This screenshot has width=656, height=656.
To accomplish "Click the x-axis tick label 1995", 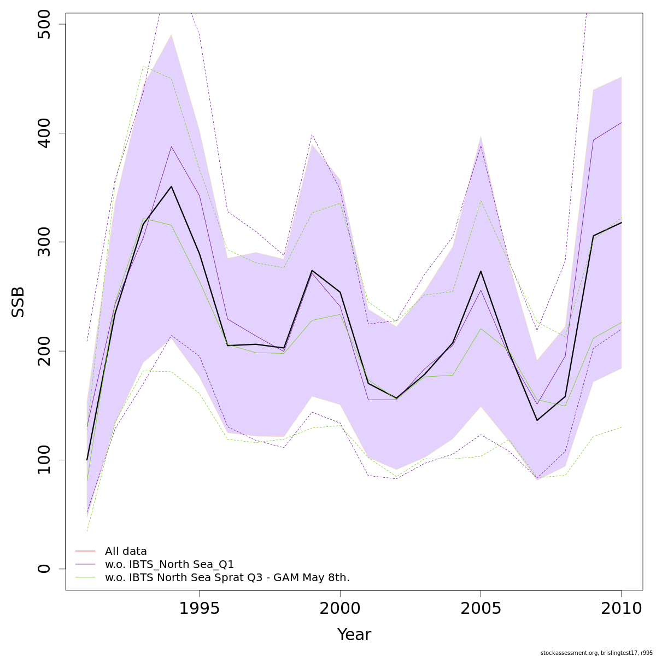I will pyautogui.click(x=200, y=608).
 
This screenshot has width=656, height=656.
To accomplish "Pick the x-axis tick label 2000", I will pyautogui.click(x=340, y=608).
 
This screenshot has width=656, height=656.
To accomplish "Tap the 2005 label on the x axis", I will pyautogui.click(x=481, y=608).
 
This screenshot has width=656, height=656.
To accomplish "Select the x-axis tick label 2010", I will pyautogui.click(x=621, y=608).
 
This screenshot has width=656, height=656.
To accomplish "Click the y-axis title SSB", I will pyautogui.click(x=19, y=302).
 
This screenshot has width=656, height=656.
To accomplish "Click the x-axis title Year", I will pyautogui.click(x=354, y=635).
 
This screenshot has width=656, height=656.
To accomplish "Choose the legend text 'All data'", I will pyautogui.click(x=126, y=551).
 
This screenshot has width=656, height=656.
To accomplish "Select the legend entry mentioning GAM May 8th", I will pyautogui.click(x=227, y=577).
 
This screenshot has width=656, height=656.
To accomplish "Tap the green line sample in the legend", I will pyautogui.click(x=85, y=577).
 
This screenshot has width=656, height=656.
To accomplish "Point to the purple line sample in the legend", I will pyautogui.click(x=85, y=564).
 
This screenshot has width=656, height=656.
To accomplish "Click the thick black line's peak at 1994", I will pyautogui.click(x=172, y=186).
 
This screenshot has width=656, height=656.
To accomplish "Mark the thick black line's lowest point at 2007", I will pyautogui.click(x=537, y=420).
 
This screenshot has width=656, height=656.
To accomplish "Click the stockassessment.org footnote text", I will pyautogui.click(x=596, y=653).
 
